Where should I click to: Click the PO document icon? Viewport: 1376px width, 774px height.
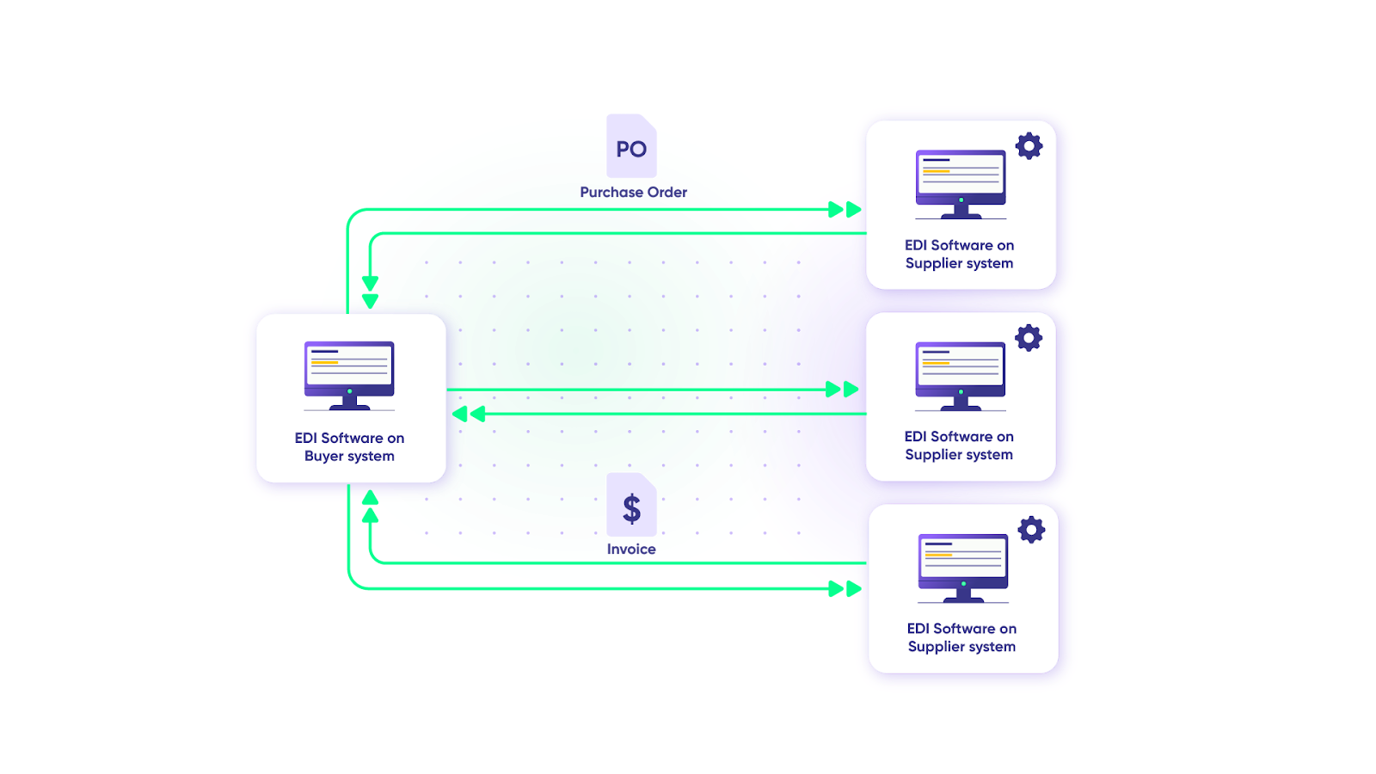tap(632, 147)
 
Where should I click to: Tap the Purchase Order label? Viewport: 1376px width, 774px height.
tap(633, 192)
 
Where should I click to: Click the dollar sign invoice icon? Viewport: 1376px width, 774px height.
tap(632, 507)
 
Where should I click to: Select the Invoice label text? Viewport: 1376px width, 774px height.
tap(631, 550)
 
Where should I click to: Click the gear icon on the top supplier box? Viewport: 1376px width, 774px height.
tap(1029, 146)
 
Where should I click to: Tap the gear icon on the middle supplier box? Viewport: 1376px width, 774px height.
tap(1029, 338)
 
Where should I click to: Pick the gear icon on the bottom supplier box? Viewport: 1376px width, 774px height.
tap(1031, 530)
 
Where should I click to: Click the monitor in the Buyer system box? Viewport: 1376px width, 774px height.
tap(349, 375)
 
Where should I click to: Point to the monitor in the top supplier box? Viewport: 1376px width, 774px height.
tap(961, 183)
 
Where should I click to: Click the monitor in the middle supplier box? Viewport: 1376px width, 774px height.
tap(961, 375)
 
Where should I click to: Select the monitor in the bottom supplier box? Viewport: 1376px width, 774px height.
tap(963, 567)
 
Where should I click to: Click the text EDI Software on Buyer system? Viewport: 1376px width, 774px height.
tap(349, 447)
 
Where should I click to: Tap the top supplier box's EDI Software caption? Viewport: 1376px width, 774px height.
tap(960, 255)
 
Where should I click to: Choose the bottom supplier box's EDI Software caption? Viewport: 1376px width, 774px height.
tap(961, 637)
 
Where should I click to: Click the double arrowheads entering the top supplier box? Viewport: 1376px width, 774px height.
tap(844, 209)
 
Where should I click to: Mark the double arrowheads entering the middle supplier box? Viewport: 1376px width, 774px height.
tap(842, 390)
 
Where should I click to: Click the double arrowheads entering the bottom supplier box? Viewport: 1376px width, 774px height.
tap(844, 589)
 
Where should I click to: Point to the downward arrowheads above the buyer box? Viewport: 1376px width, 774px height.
tap(370, 292)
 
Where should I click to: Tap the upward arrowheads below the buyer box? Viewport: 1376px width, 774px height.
tap(370, 507)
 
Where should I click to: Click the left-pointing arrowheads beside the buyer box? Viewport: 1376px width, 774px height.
tap(469, 415)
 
